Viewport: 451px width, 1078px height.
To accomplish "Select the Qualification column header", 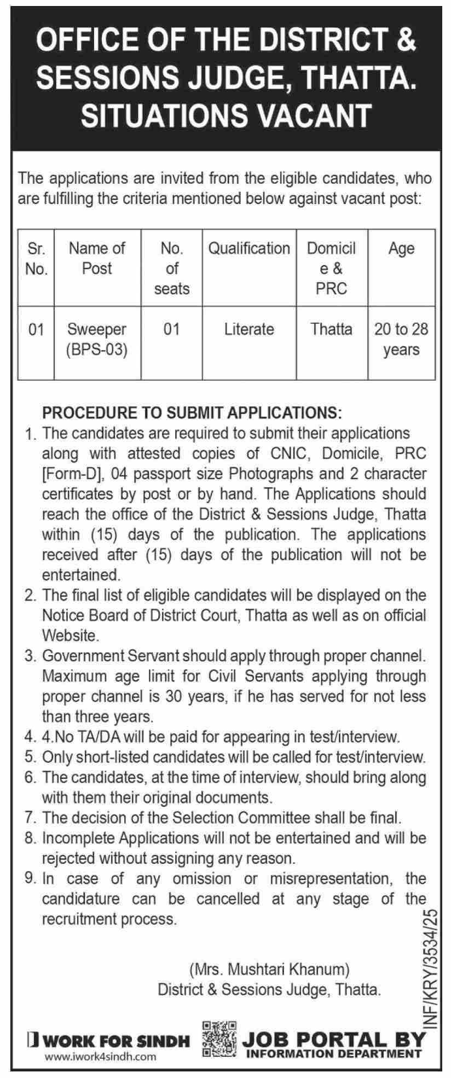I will [249, 248].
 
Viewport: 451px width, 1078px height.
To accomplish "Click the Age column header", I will [401, 248].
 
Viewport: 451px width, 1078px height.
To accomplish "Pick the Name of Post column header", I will [97, 258].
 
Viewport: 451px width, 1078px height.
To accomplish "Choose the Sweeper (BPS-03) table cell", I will [97, 340].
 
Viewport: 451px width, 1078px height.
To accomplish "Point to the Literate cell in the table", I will [249, 329].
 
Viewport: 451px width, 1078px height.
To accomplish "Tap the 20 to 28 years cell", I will [401, 340].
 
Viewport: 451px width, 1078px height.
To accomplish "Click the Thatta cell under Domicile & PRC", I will [332, 329].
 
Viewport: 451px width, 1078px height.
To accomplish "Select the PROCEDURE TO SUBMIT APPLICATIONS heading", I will [192, 412].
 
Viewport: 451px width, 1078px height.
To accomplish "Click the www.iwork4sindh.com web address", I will [100, 1057].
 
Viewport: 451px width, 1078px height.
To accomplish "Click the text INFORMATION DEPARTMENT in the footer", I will [334, 1053].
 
